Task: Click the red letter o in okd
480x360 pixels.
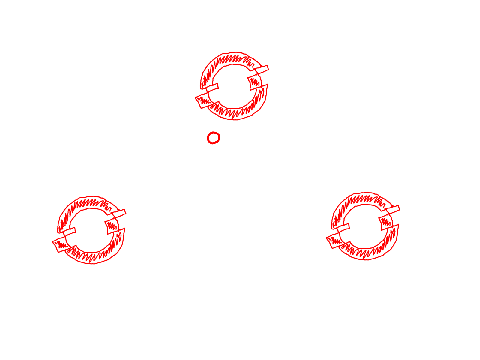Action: (x=213, y=137)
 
